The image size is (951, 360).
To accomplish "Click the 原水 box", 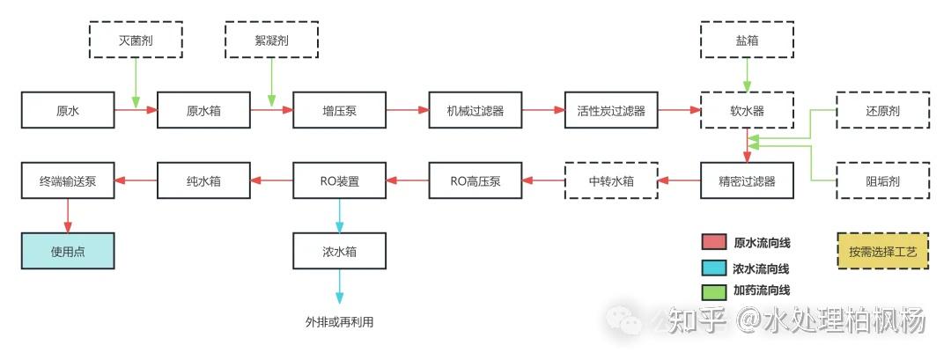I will click(68, 111).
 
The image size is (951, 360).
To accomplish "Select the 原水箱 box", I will click(203, 111).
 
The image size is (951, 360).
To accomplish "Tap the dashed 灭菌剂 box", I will click(136, 40).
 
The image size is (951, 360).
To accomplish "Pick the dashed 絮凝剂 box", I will click(271, 40).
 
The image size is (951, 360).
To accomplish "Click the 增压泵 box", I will click(339, 111).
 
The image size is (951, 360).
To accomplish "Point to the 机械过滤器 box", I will click(475, 111).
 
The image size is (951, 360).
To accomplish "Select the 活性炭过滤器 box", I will click(611, 111).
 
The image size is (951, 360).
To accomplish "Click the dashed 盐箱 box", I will click(748, 40).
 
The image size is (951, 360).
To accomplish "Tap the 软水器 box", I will click(748, 111).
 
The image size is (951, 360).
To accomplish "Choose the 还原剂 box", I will click(882, 111).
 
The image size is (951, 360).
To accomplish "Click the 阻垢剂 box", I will click(882, 181).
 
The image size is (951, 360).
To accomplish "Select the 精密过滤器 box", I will click(748, 181).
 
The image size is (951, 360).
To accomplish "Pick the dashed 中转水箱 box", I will click(611, 181).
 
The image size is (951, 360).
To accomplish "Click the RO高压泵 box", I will click(475, 181).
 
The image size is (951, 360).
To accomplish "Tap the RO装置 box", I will click(339, 181).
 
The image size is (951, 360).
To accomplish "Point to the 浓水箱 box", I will click(339, 252).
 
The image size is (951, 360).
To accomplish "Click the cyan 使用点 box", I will click(68, 252).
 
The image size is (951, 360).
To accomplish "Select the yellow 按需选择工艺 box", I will click(882, 252).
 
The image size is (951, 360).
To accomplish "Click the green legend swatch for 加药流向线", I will click(712, 290).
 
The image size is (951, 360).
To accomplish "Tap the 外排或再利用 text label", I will click(339, 321).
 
